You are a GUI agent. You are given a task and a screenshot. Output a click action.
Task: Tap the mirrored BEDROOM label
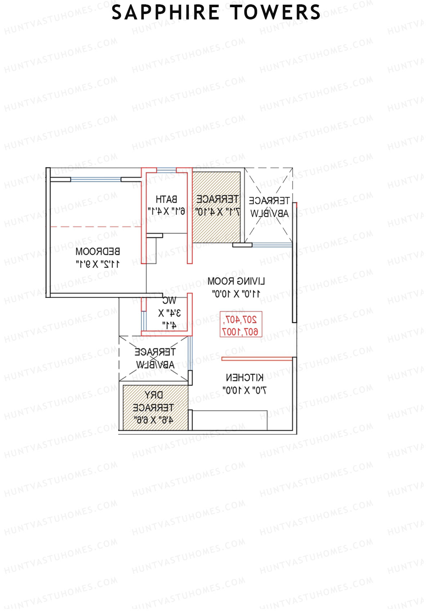click(98, 251)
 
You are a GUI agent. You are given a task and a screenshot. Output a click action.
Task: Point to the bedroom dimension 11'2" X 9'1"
click(98, 264)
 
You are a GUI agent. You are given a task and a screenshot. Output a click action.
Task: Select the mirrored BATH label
click(166, 199)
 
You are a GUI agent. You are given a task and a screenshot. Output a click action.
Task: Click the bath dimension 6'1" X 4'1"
click(166, 211)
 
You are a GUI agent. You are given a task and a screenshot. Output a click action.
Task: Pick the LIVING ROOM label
click(236, 281)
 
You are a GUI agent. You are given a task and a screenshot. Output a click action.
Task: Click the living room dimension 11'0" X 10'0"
click(236, 294)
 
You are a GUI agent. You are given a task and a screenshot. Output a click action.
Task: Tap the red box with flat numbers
click(241, 325)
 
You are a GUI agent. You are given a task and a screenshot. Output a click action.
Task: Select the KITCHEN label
click(245, 378)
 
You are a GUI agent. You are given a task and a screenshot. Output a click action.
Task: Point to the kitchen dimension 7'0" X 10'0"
click(245, 390)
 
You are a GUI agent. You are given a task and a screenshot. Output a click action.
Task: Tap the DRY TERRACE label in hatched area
click(153, 401)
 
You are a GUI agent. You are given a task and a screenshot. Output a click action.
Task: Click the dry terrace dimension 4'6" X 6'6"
click(153, 420)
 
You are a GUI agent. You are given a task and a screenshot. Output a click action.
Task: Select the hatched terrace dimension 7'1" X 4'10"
click(217, 212)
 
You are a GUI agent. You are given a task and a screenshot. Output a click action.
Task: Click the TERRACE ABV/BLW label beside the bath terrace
click(269, 207)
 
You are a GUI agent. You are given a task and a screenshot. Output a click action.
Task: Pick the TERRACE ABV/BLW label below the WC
click(155, 358)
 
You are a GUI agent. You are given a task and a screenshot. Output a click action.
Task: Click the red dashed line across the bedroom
click(95, 227)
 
